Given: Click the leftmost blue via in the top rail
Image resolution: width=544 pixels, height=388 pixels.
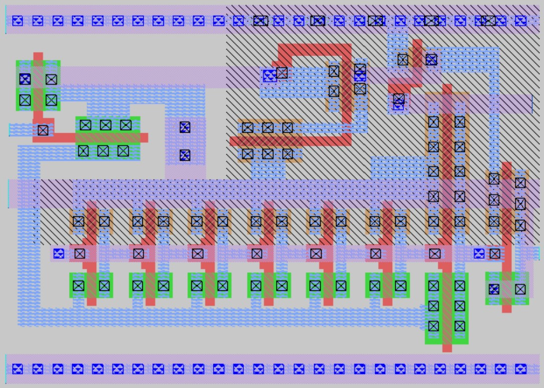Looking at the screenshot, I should pos(18,21).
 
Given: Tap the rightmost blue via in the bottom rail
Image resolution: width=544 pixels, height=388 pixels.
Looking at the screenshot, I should pos(520,369).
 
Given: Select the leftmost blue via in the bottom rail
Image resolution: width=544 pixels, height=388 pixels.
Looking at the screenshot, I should pos(18,369).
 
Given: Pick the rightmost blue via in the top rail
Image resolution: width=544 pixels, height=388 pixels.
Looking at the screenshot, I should pos(520,21).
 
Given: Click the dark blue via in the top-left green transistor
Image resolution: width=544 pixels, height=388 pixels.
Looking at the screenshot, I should pos(25,79).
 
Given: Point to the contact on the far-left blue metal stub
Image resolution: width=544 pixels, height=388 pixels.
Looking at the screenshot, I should pos(43,130).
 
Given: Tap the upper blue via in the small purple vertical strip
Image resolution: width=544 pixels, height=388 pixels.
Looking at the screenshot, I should pos(185,127).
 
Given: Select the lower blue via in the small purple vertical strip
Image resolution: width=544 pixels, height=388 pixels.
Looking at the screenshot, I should pos(185,155).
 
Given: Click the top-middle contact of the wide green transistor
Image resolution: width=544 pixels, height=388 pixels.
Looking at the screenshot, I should pos(105,125).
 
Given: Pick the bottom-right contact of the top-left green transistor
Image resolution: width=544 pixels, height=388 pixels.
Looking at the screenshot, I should pos(51,100).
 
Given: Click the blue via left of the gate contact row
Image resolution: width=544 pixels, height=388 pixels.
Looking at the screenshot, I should pos(59,253).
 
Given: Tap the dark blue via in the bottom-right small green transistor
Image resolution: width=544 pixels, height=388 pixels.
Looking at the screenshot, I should pos(494,289).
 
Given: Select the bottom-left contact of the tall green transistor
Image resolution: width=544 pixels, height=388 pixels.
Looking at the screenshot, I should pos(433,326).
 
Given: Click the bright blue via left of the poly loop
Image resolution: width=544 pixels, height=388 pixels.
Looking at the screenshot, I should pos(269,76).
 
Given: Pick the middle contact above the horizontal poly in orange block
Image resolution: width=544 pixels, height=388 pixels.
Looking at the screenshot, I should pos(267,128).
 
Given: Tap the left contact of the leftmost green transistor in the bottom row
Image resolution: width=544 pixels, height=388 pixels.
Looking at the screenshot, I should pos(78,285).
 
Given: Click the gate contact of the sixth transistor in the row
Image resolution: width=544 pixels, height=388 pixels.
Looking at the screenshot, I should pos(375,253).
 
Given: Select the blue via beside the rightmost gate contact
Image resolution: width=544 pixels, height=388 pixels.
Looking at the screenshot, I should pos(479,253).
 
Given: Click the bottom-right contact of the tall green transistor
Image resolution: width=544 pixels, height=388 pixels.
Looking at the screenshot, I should pos(460,326).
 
